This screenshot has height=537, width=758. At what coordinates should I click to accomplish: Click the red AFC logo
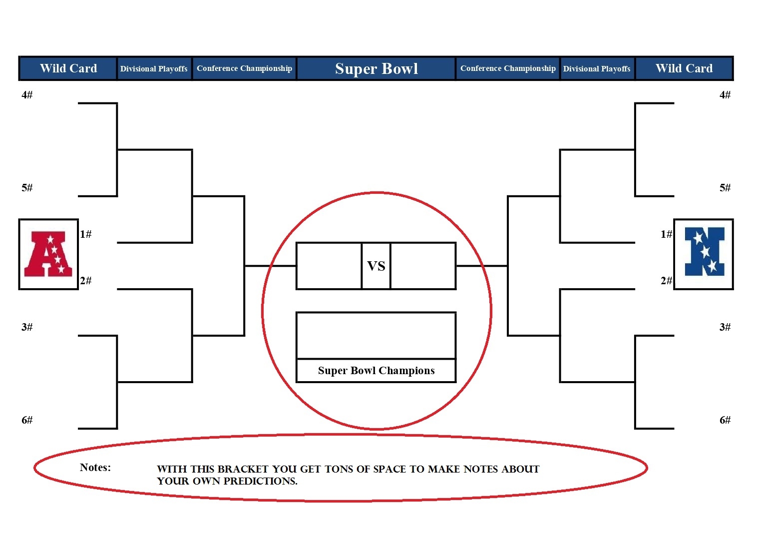[x=48, y=254]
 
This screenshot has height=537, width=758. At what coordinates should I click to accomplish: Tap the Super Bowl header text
[x=376, y=68]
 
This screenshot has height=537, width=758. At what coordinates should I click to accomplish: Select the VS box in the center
[x=376, y=266]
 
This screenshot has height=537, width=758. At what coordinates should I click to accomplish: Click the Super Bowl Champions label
[x=376, y=371]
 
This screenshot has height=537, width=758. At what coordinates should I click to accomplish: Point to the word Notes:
[x=95, y=468]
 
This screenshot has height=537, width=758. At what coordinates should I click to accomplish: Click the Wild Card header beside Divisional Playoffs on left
[x=68, y=68]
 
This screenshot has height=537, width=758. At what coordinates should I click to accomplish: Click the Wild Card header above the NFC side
[x=684, y=68]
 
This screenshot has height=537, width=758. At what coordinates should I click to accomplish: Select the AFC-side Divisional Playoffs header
[x=154, y=68]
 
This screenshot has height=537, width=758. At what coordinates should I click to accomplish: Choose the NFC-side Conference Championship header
[x=508, y=68]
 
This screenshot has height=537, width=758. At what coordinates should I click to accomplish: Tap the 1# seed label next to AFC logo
[x=86, y=234]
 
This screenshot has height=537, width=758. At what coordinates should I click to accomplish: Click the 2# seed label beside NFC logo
[x=666, y=281]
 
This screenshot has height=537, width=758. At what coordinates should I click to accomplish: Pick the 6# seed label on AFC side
[x=27, y=420]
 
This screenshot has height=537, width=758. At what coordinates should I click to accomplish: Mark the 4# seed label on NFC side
[x=725, y=95]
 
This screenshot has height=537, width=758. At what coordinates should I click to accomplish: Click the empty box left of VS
[x=329, y=266]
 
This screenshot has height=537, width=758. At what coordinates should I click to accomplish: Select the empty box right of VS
[x=423, y=266]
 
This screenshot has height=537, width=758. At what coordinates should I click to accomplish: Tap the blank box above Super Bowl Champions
[x=376, y=336]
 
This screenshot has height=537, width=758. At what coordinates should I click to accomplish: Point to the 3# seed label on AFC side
[x=27, y=327]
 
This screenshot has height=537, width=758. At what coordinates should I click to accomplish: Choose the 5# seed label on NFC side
[x=725, y=188]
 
